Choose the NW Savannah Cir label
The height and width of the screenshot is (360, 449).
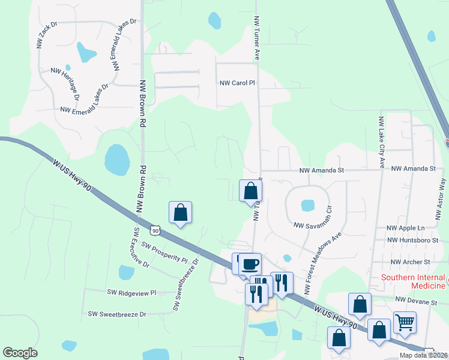[313, 221]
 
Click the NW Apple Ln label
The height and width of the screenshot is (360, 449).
[405, 228]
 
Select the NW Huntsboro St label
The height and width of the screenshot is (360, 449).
[409, 240]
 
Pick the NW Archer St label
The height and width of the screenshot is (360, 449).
[410, 262]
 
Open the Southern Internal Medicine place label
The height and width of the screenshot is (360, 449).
[415, 278]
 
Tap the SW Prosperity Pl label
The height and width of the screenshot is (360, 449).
[164, 253]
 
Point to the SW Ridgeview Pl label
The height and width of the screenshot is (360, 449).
[131, 293]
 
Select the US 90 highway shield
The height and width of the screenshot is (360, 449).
[155, 230]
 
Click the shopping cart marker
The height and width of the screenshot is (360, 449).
[405, 322]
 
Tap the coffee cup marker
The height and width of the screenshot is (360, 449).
[250, 263]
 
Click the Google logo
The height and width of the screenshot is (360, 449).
[20, 353]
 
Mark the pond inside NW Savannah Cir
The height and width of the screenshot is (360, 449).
[307, 206]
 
